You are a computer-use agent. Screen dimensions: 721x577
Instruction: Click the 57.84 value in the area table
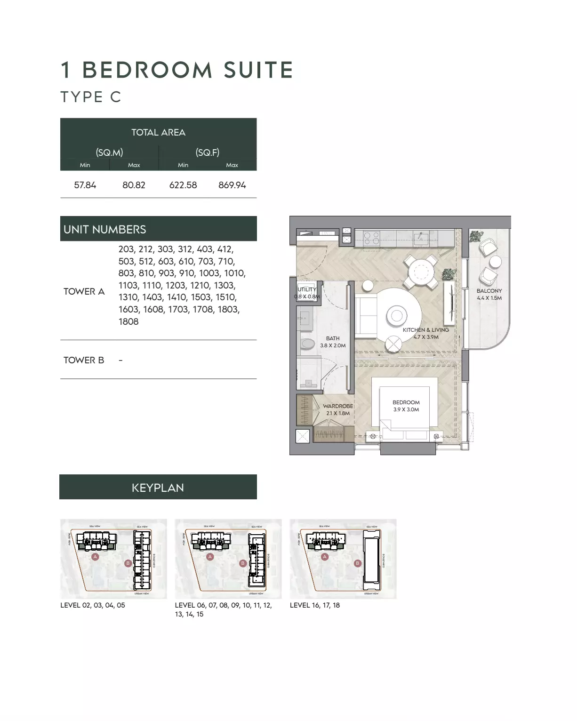point(85,185)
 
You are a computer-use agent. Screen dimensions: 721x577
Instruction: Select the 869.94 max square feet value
point(232,185)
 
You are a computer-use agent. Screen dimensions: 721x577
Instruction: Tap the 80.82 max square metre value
point(134,185)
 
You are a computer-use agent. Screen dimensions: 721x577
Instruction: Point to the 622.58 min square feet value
point(183,185)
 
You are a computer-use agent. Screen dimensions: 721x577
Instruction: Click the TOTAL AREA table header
point(158,132)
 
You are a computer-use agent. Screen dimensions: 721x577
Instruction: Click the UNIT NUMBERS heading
point(105,229)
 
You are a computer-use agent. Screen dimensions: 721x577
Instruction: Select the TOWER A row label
point(84,291)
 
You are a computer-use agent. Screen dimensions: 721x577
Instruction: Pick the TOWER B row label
point(84,360)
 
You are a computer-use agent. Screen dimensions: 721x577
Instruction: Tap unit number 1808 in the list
point(128,321)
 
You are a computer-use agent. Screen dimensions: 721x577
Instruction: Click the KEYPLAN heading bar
point(158,488)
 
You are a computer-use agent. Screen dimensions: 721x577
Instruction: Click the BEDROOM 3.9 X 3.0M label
point(406,406)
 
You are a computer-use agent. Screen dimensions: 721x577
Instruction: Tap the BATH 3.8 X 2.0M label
point(333,342)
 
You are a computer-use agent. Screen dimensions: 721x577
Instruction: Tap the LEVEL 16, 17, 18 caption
point(314,605)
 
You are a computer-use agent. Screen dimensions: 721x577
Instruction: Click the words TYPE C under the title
point(91,97)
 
